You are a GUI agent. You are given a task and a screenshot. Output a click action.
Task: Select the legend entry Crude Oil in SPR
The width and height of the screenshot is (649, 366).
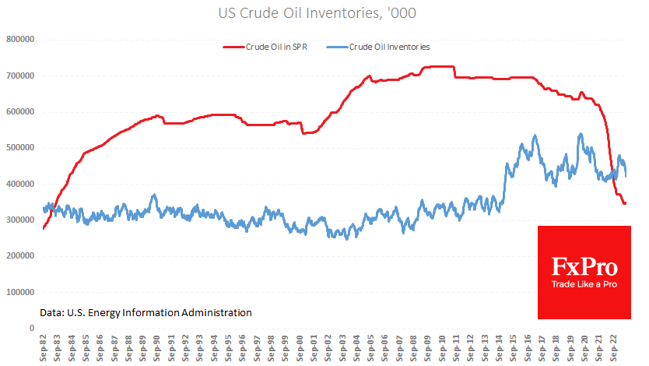point(276,47)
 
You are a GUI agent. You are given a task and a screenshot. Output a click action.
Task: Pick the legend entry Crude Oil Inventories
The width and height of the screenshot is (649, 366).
point(390,47)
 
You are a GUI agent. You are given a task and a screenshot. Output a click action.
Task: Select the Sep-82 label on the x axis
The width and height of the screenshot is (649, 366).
point(44,348)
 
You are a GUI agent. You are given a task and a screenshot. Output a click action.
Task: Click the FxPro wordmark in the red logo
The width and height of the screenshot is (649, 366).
point(584,267)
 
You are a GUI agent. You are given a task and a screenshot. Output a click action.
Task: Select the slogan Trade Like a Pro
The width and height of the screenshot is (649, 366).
point(584,285)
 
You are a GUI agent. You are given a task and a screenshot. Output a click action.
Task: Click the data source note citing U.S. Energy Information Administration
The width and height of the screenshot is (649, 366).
point(146,312)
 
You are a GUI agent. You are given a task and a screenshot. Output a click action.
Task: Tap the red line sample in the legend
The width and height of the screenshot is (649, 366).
point(233,47)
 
